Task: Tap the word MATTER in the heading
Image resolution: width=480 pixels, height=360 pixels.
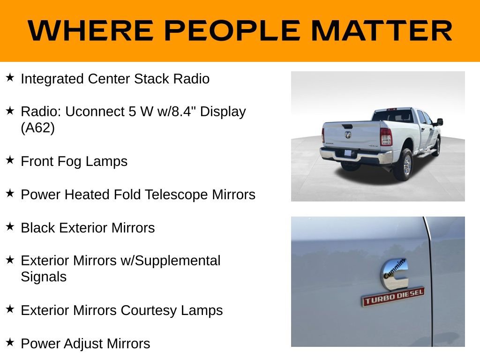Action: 382,31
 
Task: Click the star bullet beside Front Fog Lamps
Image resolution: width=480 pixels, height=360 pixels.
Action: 10,160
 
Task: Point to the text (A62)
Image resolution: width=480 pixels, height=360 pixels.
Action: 38,128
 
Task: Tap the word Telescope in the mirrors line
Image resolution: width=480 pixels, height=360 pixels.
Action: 180,195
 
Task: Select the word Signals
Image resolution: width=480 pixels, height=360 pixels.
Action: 44,277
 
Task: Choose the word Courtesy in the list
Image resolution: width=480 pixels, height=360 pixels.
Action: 147,310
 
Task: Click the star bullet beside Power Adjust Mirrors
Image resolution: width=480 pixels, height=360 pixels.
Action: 10,342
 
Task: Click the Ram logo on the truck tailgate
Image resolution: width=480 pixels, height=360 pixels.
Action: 348,135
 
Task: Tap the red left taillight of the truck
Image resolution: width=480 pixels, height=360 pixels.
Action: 386,136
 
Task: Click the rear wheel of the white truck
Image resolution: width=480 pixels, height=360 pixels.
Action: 404,165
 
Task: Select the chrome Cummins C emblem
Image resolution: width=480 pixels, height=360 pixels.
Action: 394,274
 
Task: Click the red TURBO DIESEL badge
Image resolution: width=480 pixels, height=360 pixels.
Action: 393,297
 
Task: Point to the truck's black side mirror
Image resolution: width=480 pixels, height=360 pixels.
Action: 439,122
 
